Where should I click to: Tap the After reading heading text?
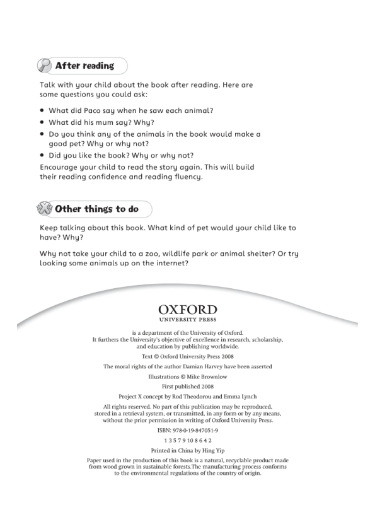pos(84,66)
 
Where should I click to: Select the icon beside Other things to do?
pos(45,209)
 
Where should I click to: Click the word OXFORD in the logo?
pos(188,310)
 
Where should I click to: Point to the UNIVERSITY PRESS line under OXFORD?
pos(188,320)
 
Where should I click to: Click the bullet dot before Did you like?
pos(42,155)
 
